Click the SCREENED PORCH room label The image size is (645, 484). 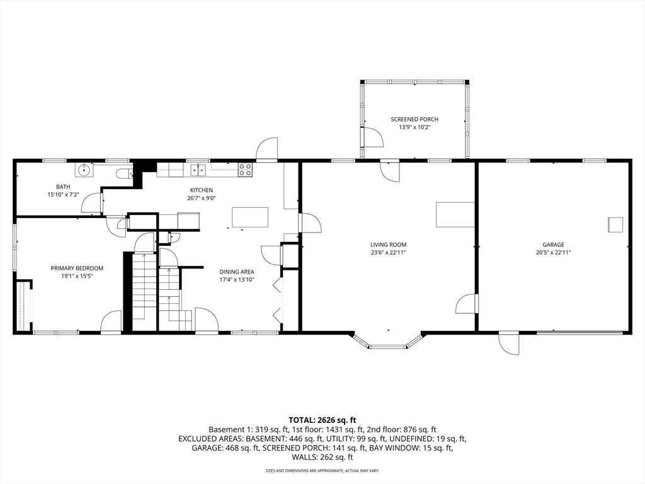[414, 119]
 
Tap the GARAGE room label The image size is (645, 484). [553, 245]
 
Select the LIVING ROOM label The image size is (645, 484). [388, 245]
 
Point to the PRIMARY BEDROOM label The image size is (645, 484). [77, 268]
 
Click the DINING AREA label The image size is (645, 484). [237, 272]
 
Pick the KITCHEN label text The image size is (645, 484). [202, 190]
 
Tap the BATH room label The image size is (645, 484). [64, 187]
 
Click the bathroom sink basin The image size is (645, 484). [84, 169]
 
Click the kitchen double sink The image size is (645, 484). [198, 170]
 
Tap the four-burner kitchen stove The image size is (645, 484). [246, 170]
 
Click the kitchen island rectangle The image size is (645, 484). [250, 217]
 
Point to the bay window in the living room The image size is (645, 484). [387, 341]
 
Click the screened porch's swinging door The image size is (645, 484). [373, 137]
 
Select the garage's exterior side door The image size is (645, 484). [508, 343]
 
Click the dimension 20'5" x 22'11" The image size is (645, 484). [553, 253]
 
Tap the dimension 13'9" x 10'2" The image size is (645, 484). [414, 127]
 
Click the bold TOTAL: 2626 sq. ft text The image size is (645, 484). [322, 420]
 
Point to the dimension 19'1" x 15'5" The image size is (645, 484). [77, 276]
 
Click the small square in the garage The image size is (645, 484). [615, 225]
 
